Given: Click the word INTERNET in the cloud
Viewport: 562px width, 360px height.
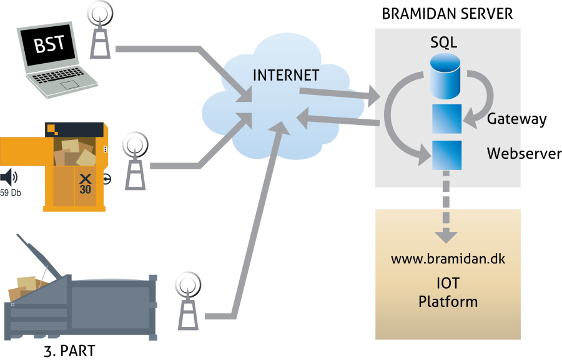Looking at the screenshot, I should [x=286, y=76].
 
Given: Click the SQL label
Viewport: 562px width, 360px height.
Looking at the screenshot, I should [x=444, y=42].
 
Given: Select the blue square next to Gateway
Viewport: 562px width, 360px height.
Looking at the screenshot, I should [x=447, y=119].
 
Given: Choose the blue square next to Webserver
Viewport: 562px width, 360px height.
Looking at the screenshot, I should [x=447, y=155].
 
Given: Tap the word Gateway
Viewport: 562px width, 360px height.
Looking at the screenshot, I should [x=516, y=119].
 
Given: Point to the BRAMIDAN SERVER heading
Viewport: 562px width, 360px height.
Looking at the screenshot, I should [x=448, y=14].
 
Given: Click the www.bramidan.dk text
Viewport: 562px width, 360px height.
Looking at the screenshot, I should [x=447, y=259].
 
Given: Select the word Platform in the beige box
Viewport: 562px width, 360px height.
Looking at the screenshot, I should [x=448, y=301].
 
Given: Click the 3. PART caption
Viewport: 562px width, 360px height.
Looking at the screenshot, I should [x=69, y=351].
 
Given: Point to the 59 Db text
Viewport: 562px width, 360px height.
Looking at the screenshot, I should [x=11, y=193].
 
